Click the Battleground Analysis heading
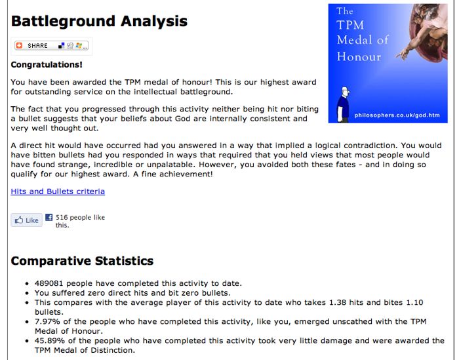coord(99,21)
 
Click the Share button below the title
coord(51,46)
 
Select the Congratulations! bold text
coord(47,65)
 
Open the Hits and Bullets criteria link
coord(58,191)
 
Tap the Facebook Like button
coord(27,220)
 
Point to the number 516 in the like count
coord(62,217)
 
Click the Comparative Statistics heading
coord(82,261)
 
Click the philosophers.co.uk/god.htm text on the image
coord(397,115)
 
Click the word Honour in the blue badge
coord(359,56)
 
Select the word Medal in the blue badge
coord(353,41)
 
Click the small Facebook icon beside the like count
coord(49,218)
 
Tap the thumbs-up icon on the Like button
coord(18,220)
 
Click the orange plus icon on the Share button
coord(19,46)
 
